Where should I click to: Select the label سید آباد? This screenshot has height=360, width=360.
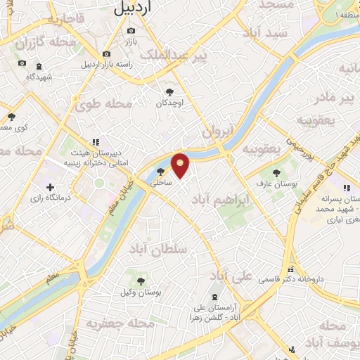point(264,32)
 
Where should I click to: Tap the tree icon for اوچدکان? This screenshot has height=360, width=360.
point(169,91)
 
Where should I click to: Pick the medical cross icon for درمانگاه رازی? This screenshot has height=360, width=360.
point(50,186)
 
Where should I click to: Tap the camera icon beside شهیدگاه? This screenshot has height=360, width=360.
point(22,63)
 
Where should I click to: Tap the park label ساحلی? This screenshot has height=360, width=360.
point(161,181)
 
